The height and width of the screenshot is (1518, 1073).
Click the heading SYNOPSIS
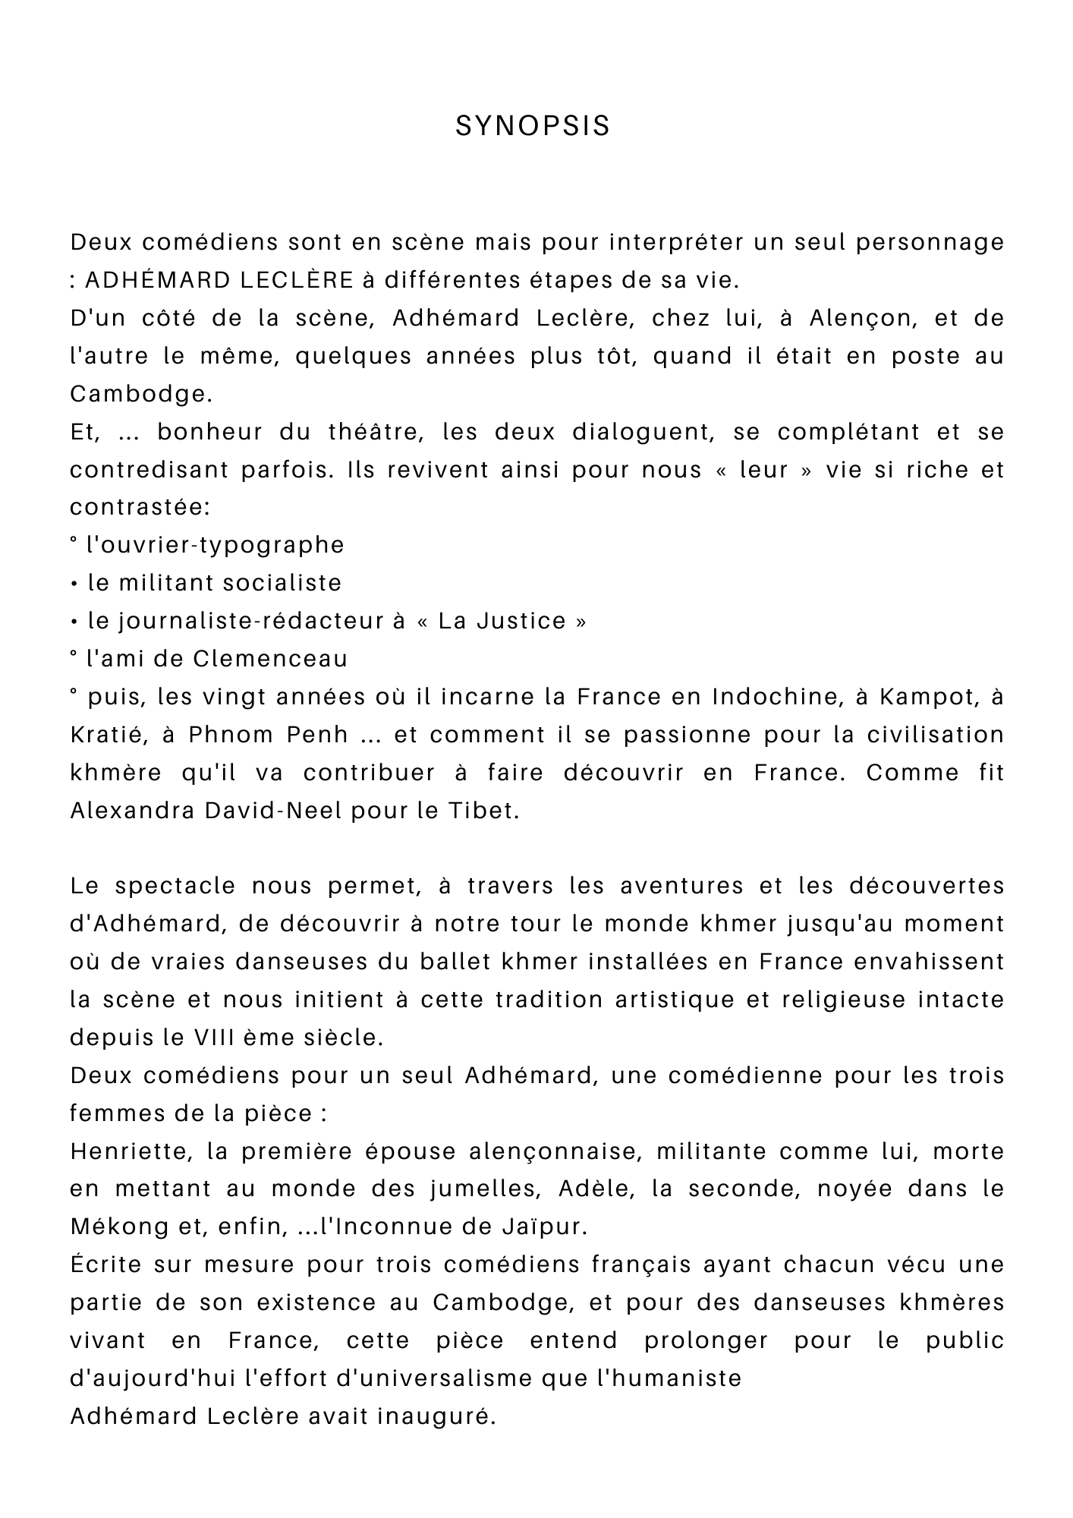(x=533, y=126)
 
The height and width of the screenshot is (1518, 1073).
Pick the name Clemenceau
(x=270, y=659)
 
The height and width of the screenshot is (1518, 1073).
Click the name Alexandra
(x=132, y=811)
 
